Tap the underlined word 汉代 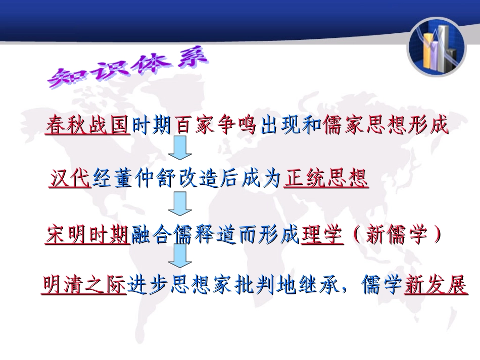pos(70,179)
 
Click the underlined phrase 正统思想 pos(326,179)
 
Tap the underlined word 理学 pos(322,235)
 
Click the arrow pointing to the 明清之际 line pos(180,257)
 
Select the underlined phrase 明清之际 pos(84,286)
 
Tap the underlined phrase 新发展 pos(436,286)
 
